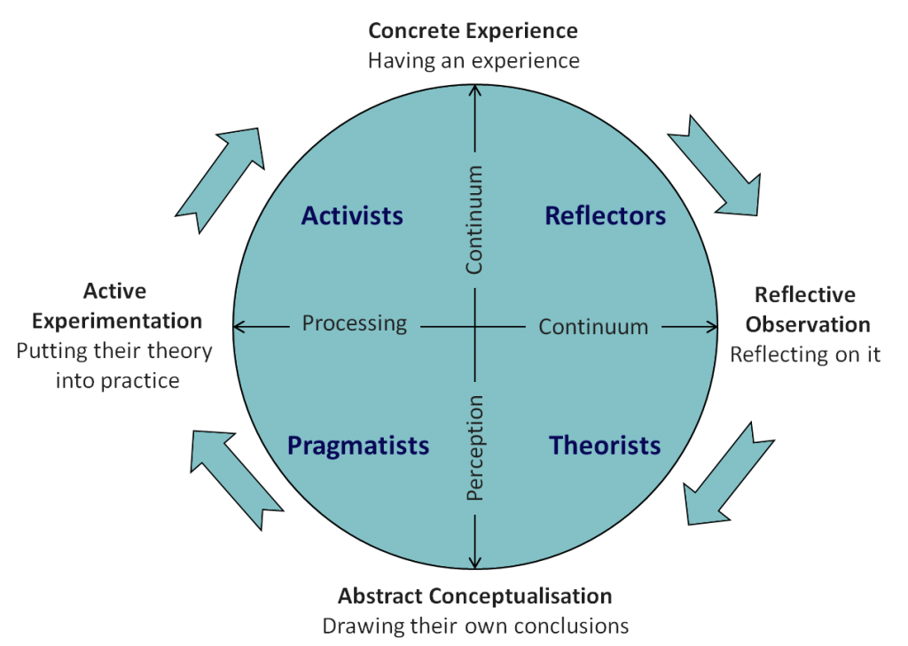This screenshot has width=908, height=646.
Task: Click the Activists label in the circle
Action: coord(352,215)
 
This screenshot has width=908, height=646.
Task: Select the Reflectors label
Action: coord(605,215)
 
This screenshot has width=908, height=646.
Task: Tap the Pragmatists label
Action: coord(358,445)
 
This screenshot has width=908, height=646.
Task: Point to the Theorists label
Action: coord(605,445)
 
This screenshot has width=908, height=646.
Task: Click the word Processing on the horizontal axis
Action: coord(354,323)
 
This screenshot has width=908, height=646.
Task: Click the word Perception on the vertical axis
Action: coord(475,448)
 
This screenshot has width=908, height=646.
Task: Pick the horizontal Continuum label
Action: coord(593,327)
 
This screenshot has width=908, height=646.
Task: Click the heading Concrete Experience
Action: coord(473,31)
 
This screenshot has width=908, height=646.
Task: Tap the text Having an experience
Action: coord(474,61)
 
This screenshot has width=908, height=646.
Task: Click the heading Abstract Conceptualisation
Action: coord(474,595)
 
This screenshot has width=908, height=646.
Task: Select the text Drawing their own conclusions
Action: coord(475,626)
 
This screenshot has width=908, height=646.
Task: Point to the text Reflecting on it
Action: coord(805,354)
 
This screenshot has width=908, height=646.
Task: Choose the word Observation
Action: coord(807,324)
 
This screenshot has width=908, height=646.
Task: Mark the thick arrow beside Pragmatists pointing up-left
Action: coord(234,473)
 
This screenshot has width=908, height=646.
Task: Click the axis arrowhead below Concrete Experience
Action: coord(476,91)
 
